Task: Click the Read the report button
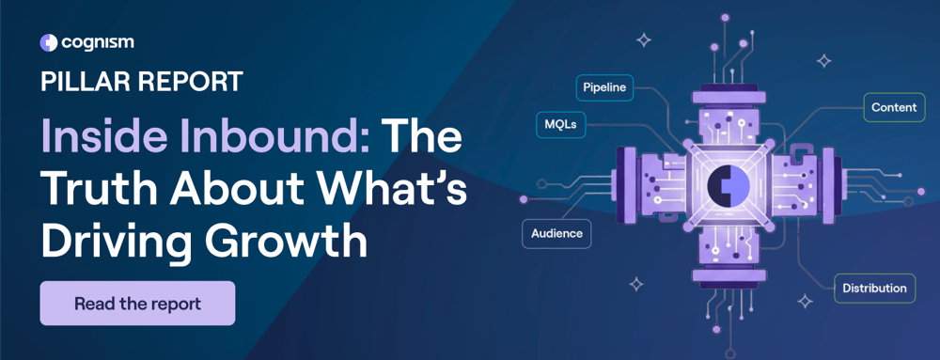pyautogui.click(x=137, y=304)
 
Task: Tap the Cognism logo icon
pyautogui.click(x=49, y=42)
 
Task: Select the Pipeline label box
pyautogui.click(x=604, y=87)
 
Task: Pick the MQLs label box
pyautogui.click(x=560, y=123)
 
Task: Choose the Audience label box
pyautogui.click(x=556, y=233)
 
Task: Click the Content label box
pyautogui.click(x=893, y=107)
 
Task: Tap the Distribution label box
pyautogui.click(x=874, y=288)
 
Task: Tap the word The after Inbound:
pyautogui.click(x=423, y=139)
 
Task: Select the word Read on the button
pyautogui.click(x=93, y=304)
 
